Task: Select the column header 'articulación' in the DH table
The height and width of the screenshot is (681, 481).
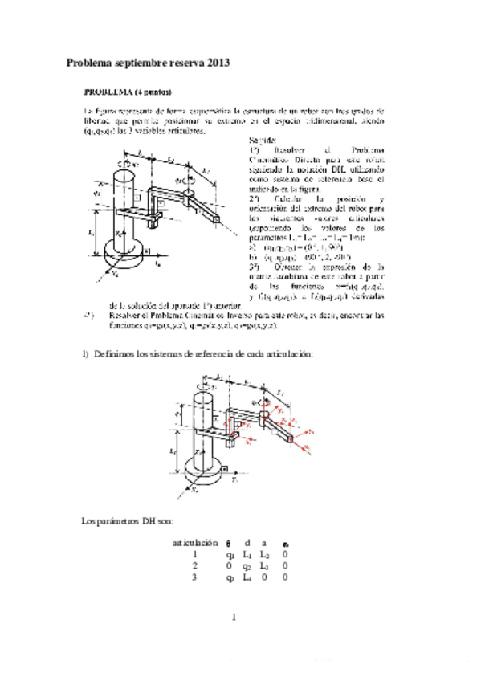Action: [x=194, y=543]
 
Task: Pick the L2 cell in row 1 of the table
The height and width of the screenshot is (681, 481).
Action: [x=267, y=554]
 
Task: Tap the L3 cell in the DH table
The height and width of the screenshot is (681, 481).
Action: [x=267, y=565]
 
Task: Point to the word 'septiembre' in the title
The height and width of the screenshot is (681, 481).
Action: [x=140, y=62]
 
